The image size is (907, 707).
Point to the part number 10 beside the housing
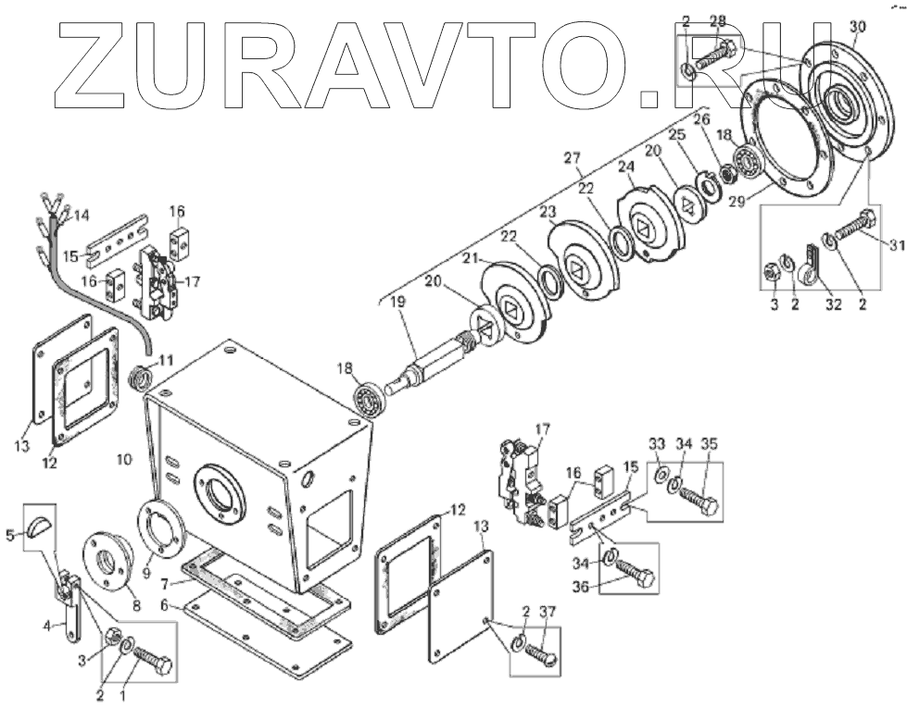[125, 457]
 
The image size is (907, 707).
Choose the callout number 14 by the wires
[82, 216]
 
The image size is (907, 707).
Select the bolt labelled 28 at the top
[712, 53]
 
